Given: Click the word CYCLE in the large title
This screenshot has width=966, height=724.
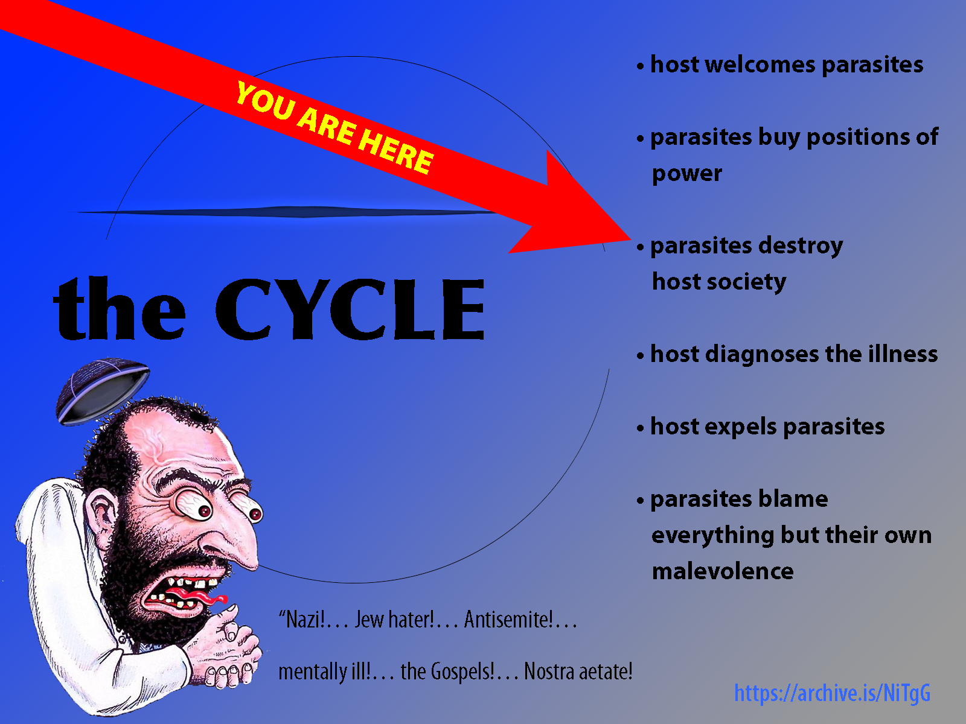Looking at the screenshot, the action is pos(350,309).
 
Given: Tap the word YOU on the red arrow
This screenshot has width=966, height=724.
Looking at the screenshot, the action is pos(266,101).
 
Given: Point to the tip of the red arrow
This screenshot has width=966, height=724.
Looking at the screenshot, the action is pos(631,240).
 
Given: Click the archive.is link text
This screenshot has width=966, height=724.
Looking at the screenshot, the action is pos(832,694).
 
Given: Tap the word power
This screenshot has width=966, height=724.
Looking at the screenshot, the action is pos(687,174).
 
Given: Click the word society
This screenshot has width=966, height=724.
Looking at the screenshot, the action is pos(746,282).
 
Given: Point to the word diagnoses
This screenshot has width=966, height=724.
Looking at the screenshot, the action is pos(762,354).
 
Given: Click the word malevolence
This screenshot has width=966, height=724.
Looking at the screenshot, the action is pos(723,571).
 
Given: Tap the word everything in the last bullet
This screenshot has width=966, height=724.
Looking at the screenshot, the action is pos(712,535).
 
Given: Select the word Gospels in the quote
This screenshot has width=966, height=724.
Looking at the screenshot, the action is pos(463,672).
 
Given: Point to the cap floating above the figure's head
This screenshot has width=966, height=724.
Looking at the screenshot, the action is pos(102,390).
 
